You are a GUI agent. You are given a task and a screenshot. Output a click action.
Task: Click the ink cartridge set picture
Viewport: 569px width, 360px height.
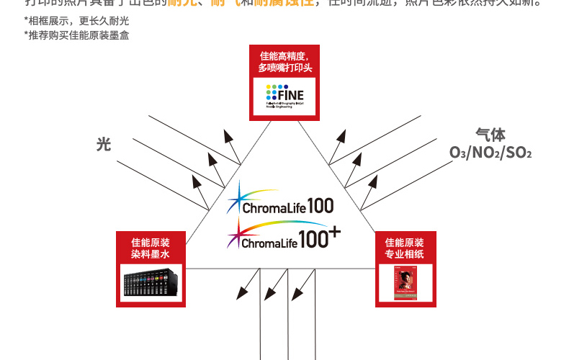click(x=152, y=282)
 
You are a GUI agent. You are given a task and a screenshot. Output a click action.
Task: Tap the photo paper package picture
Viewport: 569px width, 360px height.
click(x=405, y=282)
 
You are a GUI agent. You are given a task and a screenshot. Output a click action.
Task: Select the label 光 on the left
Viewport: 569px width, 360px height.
click(x=104, y=145)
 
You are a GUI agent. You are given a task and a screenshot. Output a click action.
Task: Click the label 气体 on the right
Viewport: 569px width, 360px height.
click(x=490, y=135)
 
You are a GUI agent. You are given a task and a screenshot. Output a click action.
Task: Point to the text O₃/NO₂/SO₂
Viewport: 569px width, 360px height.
click(x=490, y=153)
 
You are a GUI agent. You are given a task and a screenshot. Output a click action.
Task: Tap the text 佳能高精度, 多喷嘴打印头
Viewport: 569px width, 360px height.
click(x=284, y=62)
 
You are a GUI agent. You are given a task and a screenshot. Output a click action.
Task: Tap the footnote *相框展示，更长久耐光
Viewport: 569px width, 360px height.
click(x=66, y=20)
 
